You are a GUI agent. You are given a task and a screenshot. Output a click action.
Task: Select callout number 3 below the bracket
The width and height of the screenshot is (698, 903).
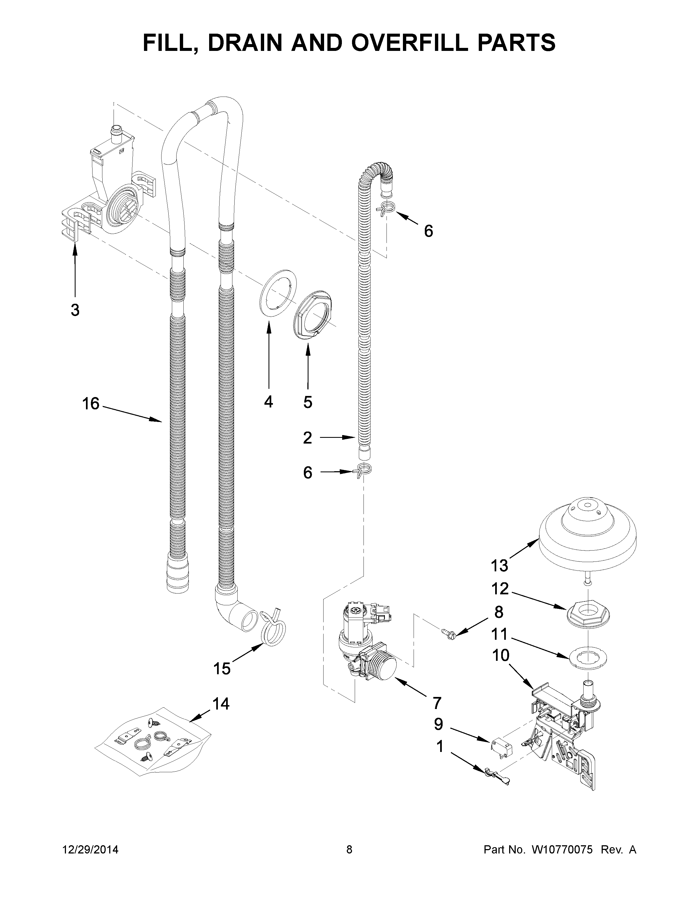pyautogui.click(x=75, y=309)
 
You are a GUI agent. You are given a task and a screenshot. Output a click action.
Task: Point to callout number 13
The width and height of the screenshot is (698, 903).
pyautogui.click(x=499, y=565)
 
